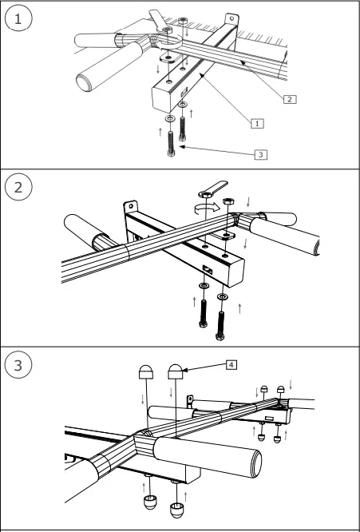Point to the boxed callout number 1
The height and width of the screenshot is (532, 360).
257,123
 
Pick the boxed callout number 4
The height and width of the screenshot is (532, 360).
231,364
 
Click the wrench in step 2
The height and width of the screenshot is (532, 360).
209,189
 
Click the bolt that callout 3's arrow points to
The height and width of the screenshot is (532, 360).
172,143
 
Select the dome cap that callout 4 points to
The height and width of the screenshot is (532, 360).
176,371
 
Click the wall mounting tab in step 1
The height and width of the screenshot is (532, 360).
231,19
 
